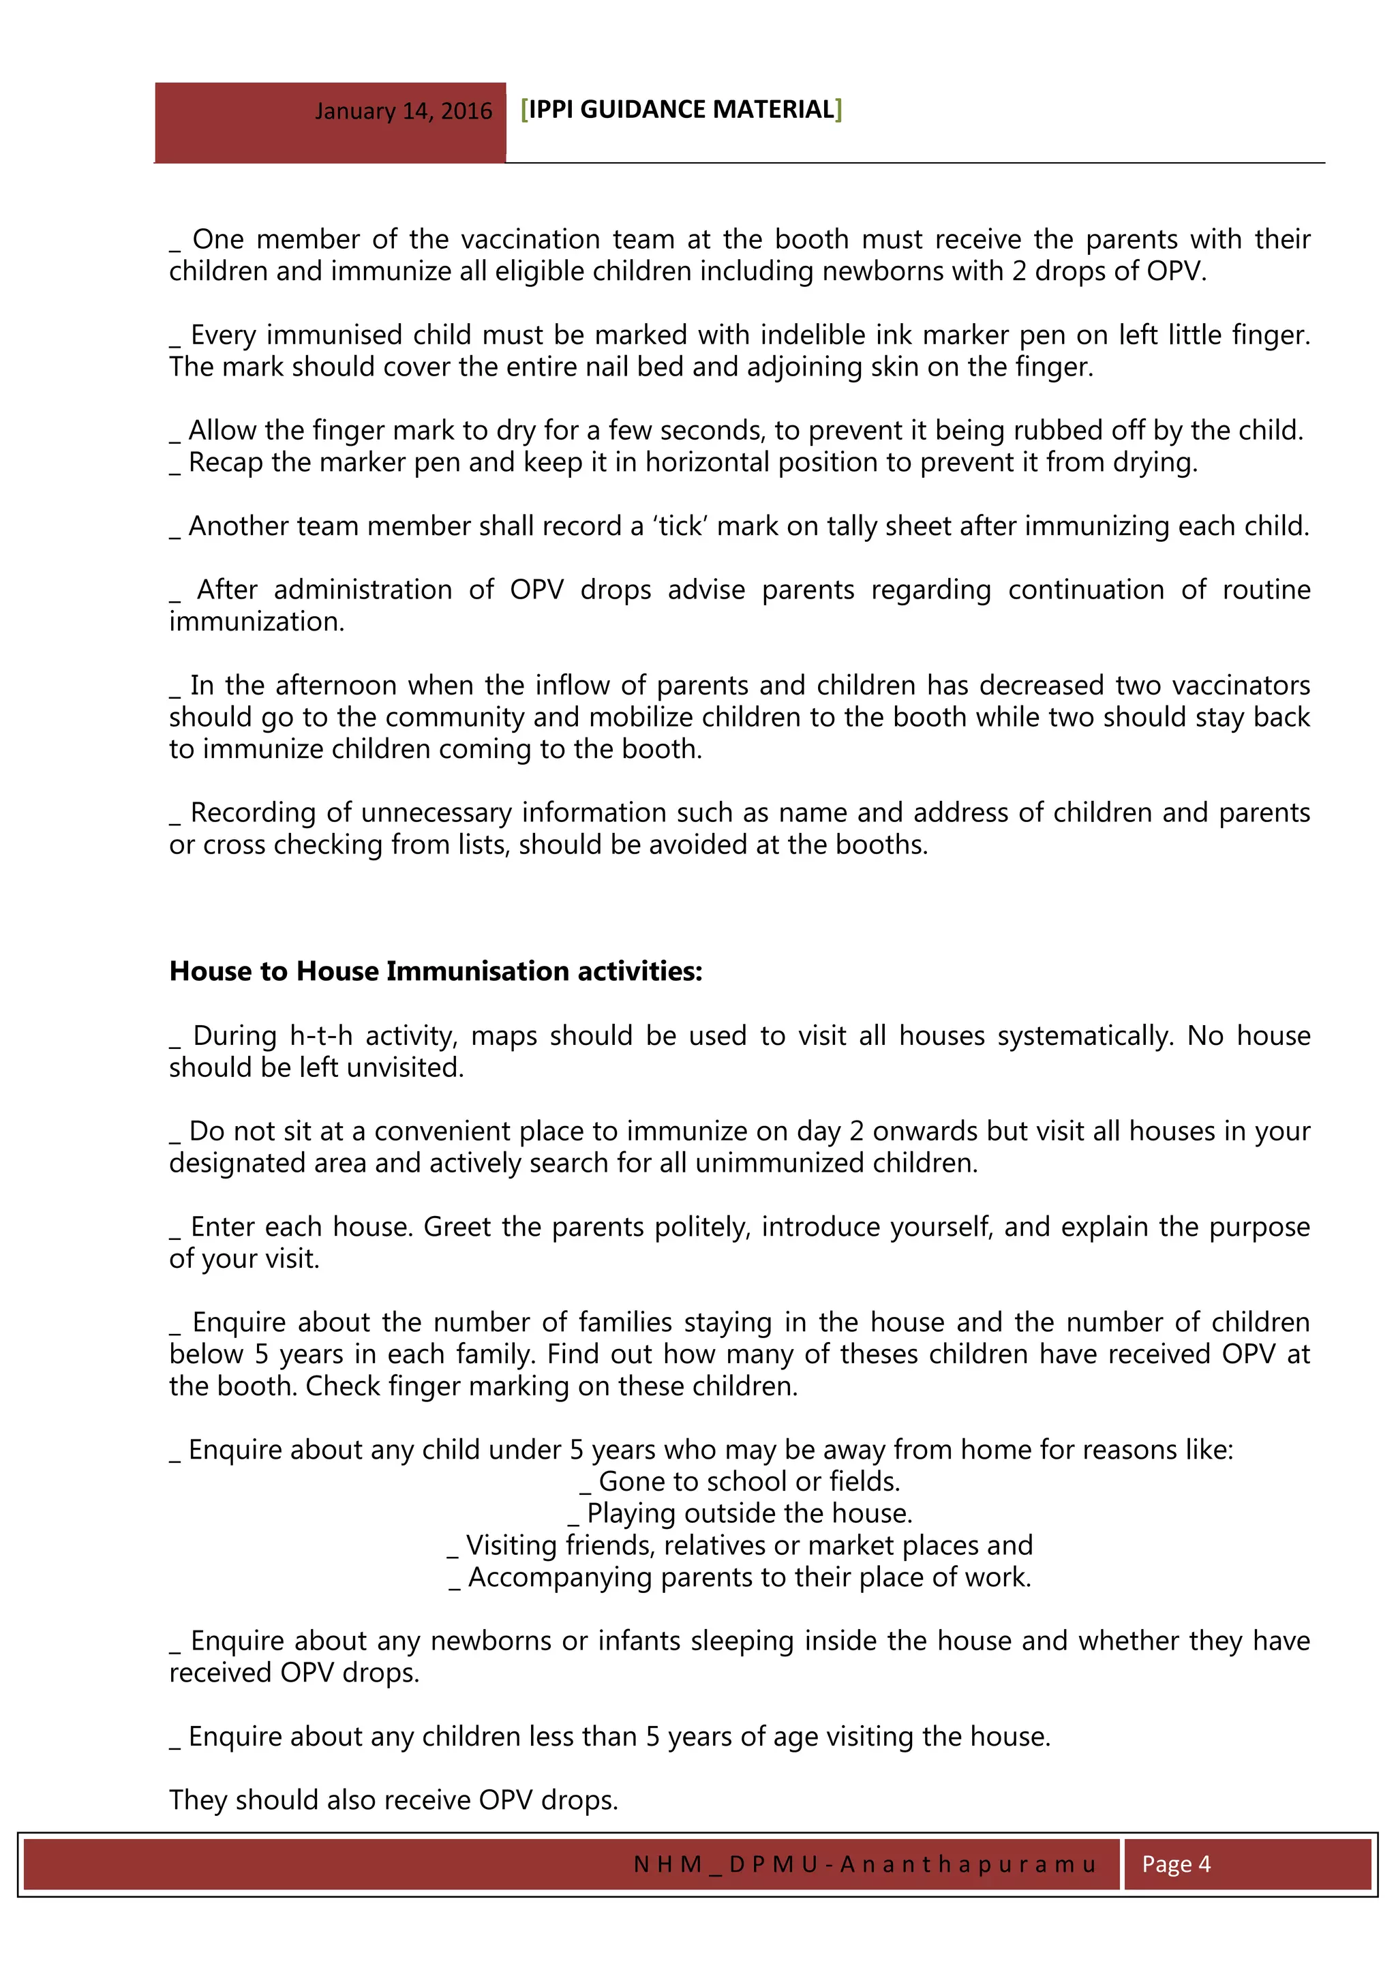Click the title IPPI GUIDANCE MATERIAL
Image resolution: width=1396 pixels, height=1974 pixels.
681,109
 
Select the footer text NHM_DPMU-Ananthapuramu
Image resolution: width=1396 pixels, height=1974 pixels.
864,1864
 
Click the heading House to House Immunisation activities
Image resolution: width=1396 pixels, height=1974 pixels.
436,971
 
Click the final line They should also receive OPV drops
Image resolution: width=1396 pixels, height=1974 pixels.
394,1800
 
